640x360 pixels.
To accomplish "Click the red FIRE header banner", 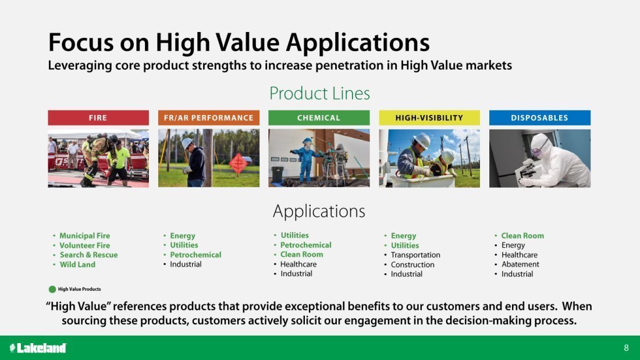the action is (x=98, y=117).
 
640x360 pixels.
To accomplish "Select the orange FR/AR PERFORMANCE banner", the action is (x=208, y=117).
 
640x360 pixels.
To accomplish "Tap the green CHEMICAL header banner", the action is (x=319, y=117).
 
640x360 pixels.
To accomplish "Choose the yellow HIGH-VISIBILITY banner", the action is (x=429, y=117).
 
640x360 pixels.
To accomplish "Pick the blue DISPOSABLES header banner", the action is (x=539, y=117).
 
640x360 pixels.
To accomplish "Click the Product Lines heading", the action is (x=319, y=94).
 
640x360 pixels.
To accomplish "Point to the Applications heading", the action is (x=319, y=212).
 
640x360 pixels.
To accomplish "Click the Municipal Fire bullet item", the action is (x=85, y=236).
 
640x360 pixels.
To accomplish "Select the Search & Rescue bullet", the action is (x=88, y=255).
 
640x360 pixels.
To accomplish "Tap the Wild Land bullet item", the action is (x=77, y=265).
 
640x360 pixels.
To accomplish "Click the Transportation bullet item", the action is (x=415, y=255).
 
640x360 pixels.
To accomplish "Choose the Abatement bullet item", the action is (x=520, y=264).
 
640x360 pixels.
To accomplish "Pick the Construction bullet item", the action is (x=413, y=265).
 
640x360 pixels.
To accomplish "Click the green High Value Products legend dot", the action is (x=52, y=289).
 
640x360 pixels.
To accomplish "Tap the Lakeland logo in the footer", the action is (x=38, y=348).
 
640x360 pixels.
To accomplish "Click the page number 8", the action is (x=626, y=348).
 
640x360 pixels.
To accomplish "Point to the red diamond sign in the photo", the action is (x=238, y=164).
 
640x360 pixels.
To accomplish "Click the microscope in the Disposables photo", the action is (x=527, y=172).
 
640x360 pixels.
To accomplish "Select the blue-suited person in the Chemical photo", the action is (x=305, y=159).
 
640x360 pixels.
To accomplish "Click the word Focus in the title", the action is (x=81, y=42).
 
